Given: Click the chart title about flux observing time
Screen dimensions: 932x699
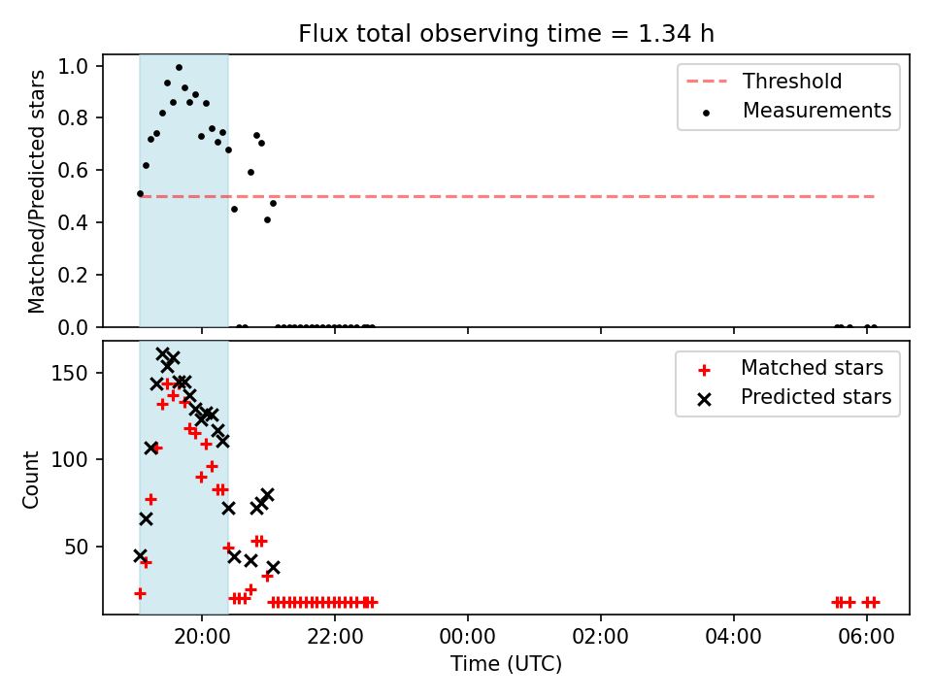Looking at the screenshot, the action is pyautogui.click(x=506, y=34).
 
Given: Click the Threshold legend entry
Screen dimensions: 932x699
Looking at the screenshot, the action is pyautogui.click(x=764, y=81).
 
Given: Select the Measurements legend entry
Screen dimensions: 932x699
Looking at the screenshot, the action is pyautogui.click(x=796, y=111).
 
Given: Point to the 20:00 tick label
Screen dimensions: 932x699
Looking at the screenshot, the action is pyautogui.click(x=202, y=637).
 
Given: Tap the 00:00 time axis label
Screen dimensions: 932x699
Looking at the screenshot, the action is pyautogui.click(x=467, y=637).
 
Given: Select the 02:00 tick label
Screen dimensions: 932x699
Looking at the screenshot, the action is pyautogui.click(x=600, y=637).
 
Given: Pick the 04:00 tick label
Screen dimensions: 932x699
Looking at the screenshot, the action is pyautogui.click(x=734, y=637).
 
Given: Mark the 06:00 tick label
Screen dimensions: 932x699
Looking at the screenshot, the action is pyautogui.click(x=866, y=637).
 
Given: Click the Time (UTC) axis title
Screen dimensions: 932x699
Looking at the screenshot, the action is pyautogui.click(x=506, y=664).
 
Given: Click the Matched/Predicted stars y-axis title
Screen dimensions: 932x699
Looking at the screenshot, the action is pyautogui.click(x=36, y=191).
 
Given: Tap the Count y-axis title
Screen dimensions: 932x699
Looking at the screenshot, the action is pyautogui.click(x=30, y=479).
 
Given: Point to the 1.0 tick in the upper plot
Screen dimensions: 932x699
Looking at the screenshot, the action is pyautogui.click(x=73, y=66).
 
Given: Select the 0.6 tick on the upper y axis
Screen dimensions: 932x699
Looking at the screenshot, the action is pyautogui.click(x=73, y=171).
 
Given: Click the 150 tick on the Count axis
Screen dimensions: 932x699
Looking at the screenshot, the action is pyautogui.click(x=69, y=373).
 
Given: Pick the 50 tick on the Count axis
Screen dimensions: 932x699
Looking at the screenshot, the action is pyautogui.click(x=76, y=547).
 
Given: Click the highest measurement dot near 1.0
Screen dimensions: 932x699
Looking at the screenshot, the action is pyautogui.click(x=179, y=68).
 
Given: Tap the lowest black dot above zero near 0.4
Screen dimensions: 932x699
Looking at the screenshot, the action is pyautogui.click(x=268, y=220).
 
